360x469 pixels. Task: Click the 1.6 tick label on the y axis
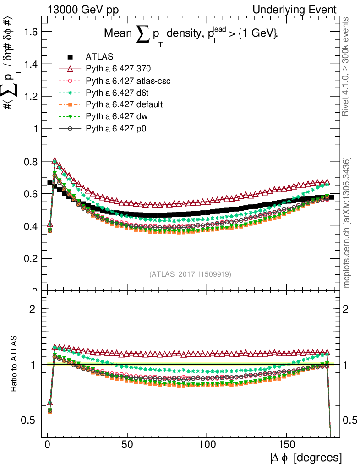tap(31, 31)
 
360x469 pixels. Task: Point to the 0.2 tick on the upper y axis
tap(31, 258)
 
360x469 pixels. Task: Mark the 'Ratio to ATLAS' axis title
tap(15, 365)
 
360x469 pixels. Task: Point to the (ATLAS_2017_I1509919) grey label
tap(190, 274)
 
